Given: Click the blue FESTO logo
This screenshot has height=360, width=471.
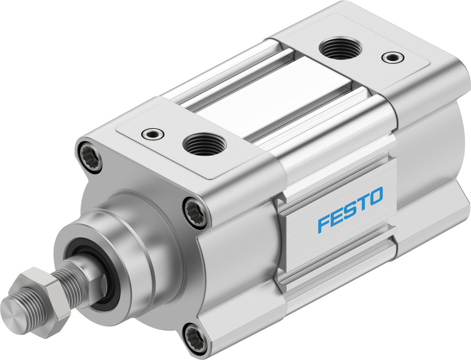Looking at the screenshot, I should click(x=350, y=209).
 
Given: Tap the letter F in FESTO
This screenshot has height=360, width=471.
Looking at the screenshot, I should click(x=324, y=223).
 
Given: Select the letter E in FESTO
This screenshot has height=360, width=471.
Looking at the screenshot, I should click(x=337, y=216).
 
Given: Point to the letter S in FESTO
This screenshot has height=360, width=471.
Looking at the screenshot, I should click(x=350, y=210).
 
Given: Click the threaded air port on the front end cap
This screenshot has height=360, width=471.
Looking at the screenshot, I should click(x=204, y=144).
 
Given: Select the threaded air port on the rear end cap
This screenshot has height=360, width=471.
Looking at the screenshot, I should click(x=340, y=48).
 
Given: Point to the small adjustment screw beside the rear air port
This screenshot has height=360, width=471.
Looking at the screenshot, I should click(x=392, y=57).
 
